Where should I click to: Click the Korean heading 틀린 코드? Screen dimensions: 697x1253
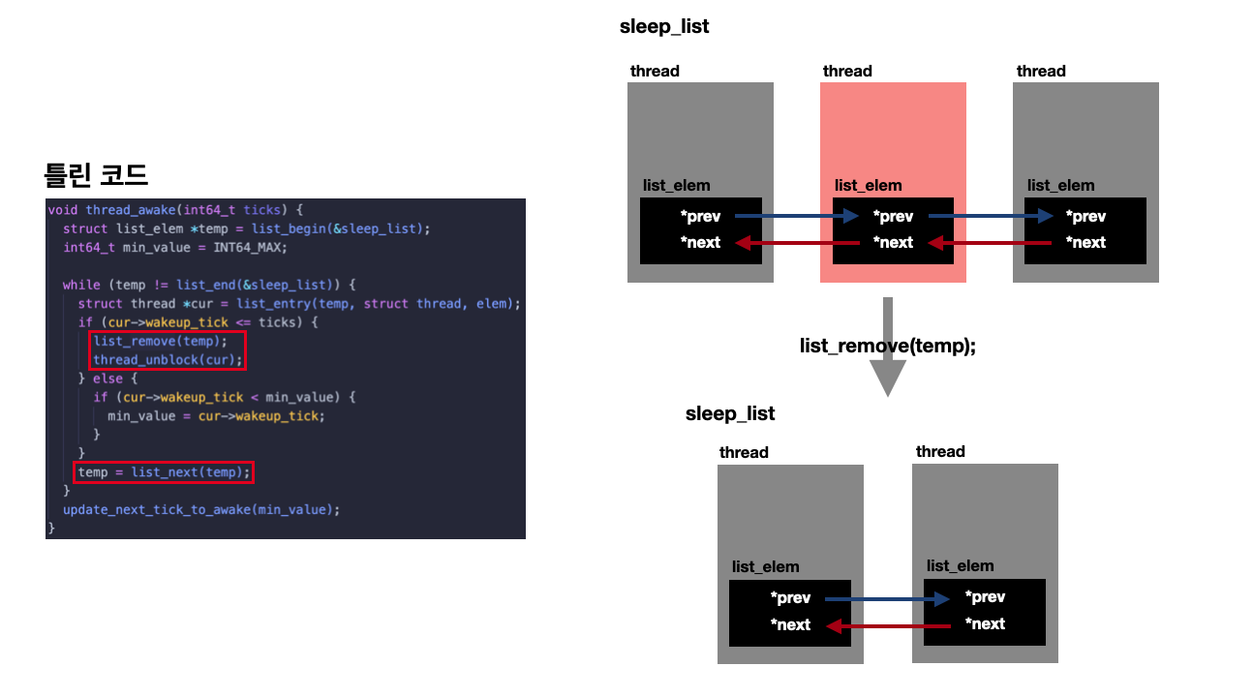pyautogui.click(x=96, y=175)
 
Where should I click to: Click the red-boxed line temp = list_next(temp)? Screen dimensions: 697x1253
pyautogui.click(x=164, y=472)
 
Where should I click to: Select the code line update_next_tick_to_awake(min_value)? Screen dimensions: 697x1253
pyautogui.click(x=201, y=509)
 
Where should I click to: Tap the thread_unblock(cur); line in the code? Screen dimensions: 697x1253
pyautogui.click(x=168, y=360)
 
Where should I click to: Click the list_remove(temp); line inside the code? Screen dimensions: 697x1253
pyautogui.click(x=160, y=341)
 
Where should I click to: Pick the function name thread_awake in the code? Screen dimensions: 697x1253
pyautogui.click(x=123, y=210)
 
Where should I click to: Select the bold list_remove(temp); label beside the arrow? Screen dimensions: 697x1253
pyautogui.click(x=887, y=346)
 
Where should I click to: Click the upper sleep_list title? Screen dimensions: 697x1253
pyautogui.click(x=664, y=27)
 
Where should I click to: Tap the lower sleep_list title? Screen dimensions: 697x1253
pyautogui.click(x=730, y=414)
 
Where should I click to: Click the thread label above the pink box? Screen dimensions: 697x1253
pyautogui.click(x=847, y=71)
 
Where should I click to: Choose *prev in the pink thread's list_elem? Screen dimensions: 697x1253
pyautogui.click(x=894, y=217)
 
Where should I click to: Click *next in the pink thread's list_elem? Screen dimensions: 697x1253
pyautogui.click(x=894, y=242)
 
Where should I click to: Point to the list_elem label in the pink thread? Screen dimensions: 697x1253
pyautogui.click(x=868, y=185)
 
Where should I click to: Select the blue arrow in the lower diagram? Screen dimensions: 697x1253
pyautogui.click(x=887, y=599)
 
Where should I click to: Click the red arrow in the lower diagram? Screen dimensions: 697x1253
pyautogui.click(x=887, y=625)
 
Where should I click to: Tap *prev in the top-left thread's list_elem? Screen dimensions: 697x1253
pyautogui.click(x=700, y=217)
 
